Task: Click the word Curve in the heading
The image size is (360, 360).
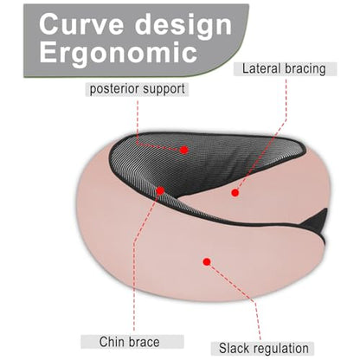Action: coord(81,24)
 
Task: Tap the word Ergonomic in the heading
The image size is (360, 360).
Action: coord(119,53)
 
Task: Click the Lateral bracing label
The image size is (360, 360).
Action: coord(284,69)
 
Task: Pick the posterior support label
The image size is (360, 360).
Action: coord(138,89)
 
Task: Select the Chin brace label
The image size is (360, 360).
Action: coord(129,342)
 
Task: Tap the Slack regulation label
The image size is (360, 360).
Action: coord(264,348)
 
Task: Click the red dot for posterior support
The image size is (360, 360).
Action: coord(183,150)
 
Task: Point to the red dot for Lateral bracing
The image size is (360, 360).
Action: coord(235,193)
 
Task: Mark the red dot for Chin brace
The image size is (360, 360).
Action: coord(160,190)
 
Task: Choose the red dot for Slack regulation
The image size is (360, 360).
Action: coord(207,261)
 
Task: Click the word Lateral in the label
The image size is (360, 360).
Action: coord(261,68)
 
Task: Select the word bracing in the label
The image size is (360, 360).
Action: coord(305,69)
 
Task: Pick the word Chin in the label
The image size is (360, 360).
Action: coord(112,342)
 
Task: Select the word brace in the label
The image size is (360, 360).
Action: coord(145,342)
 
